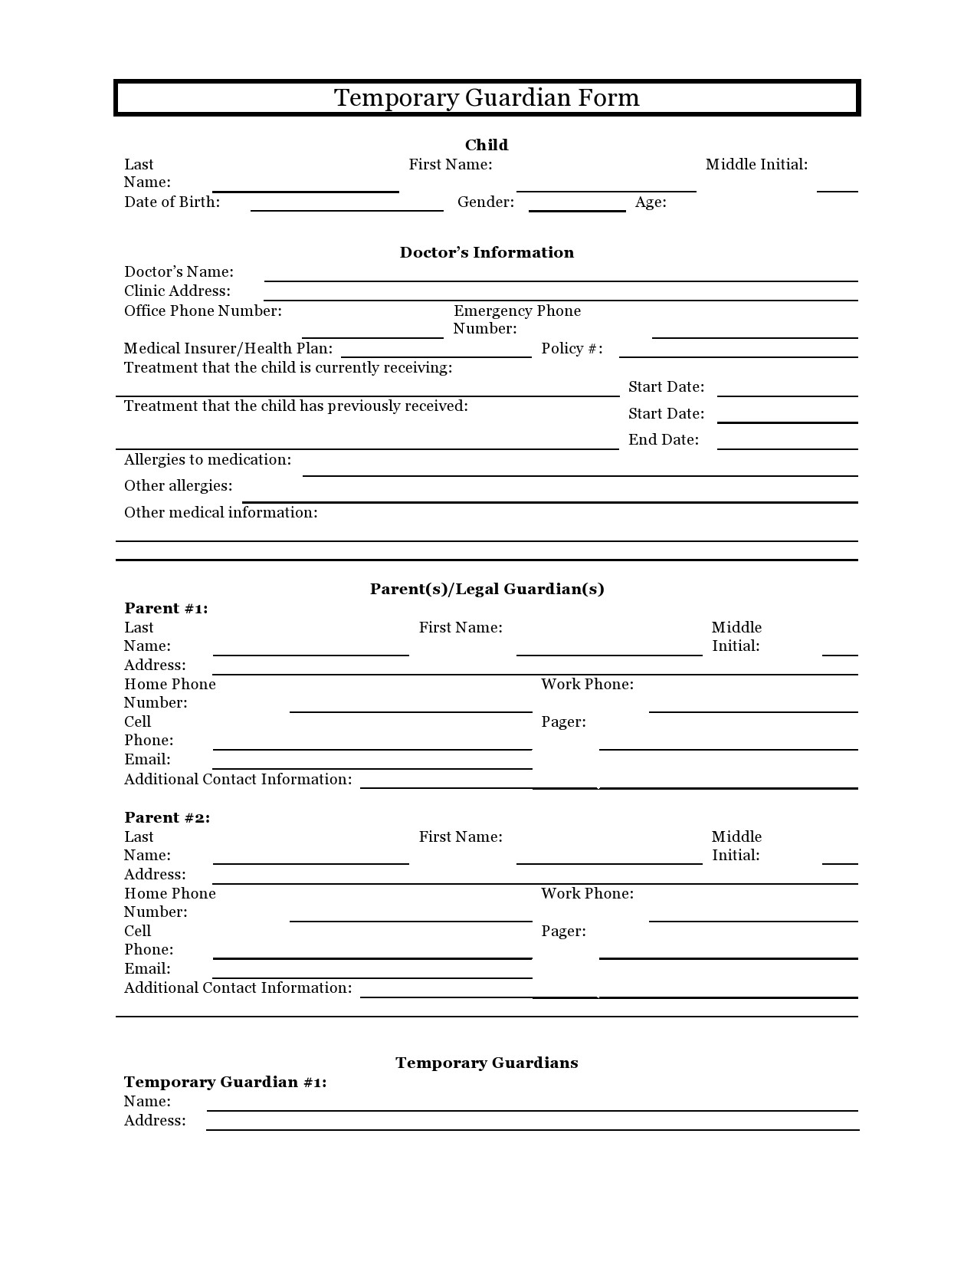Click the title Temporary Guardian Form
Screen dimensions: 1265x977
pos(487,98)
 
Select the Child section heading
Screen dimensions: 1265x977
pos(487,145)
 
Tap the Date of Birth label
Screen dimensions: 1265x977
pos(172,202)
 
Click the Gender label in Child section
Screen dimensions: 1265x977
pos(485,202)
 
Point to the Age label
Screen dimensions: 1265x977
pos(650,202)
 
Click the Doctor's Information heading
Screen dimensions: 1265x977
pos(487,252)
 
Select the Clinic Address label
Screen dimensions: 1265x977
pos(177,291)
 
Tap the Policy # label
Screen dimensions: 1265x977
pos(572,349)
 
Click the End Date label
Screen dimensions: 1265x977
pos(664,440)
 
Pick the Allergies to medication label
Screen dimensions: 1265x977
pos(208,460)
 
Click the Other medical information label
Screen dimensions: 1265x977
pos(221,513)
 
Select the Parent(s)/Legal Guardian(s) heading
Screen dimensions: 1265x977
pos(487,589)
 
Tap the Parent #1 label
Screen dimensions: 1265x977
pos(166,609)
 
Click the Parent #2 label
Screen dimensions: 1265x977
pos(167,818)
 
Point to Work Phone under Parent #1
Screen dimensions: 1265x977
pos(587,685)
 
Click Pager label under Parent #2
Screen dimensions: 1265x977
pos(563,932)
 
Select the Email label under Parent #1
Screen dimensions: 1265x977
pos(147,760)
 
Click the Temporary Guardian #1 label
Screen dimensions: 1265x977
pos(225,1083)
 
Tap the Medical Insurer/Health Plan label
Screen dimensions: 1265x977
pos(228,349)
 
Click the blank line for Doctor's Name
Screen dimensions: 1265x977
pos(560,278)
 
